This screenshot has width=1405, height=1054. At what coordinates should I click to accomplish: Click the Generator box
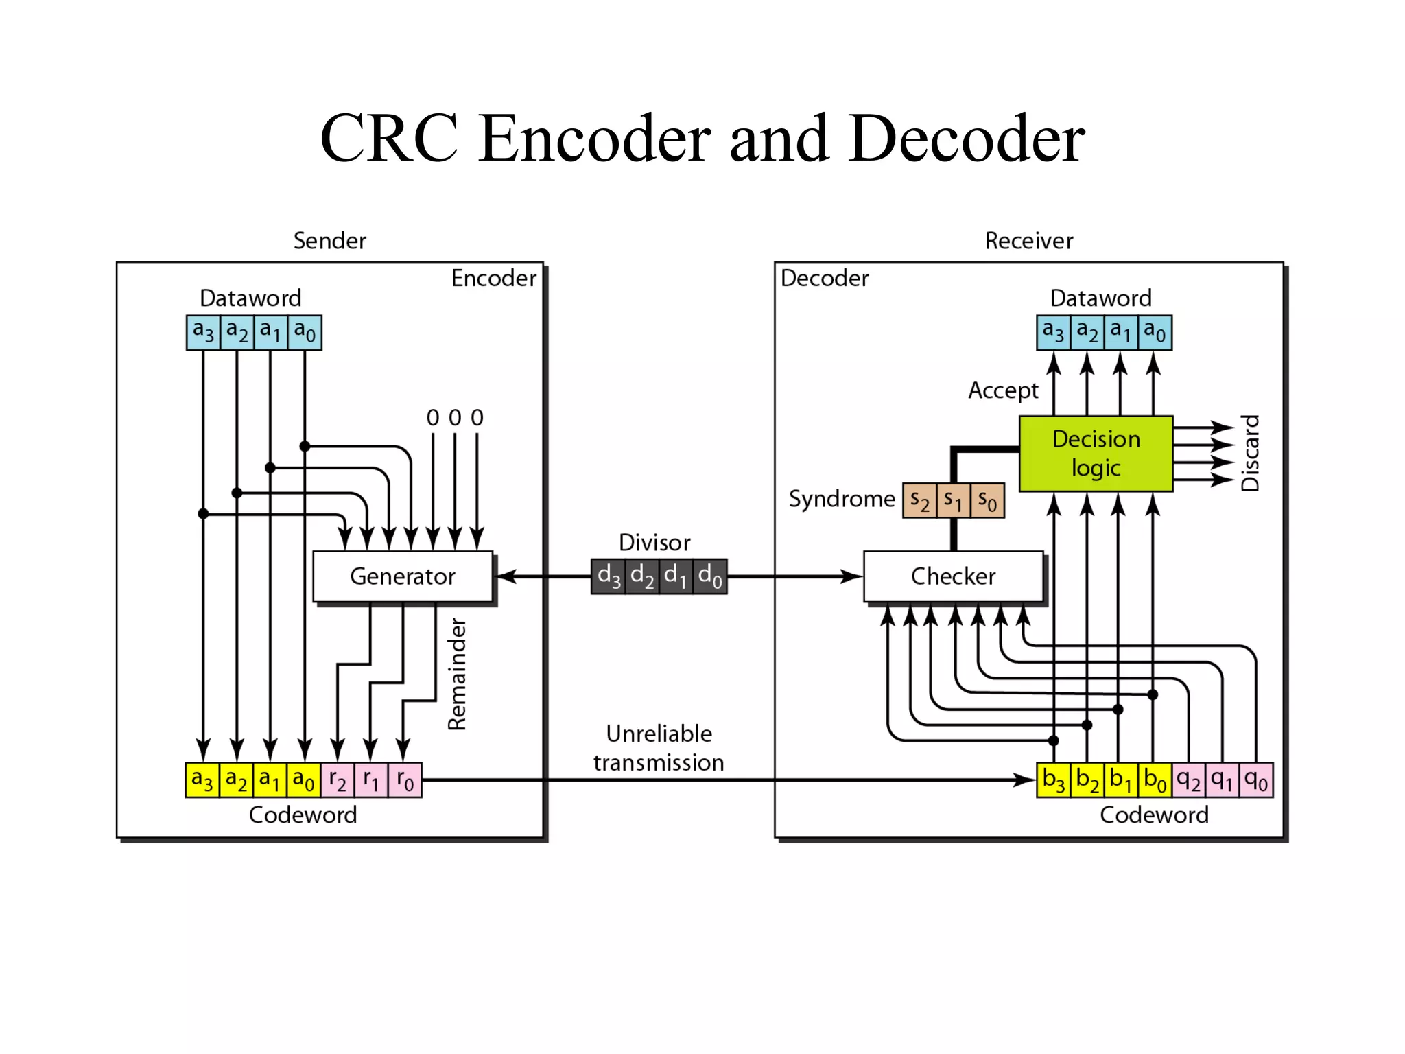403,576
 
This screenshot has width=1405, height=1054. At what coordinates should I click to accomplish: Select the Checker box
953,576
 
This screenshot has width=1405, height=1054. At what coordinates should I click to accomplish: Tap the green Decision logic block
1096,454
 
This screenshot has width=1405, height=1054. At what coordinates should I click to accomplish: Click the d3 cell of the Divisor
609,576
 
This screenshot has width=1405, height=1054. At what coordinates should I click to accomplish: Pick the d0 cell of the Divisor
710,576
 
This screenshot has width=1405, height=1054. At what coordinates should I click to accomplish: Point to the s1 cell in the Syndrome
953,500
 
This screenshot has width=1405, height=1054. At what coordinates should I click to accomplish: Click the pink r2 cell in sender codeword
338,780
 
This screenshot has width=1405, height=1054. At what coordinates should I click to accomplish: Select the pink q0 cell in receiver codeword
1256,780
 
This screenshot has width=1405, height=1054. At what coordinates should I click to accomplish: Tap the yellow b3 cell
1053,780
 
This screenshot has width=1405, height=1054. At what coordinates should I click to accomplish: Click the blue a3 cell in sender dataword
203,333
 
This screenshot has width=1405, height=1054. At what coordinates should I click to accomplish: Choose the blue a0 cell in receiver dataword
1155,333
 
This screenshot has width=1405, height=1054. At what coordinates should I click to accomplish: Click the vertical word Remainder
457,675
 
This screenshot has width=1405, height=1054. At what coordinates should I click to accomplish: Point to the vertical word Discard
1251,453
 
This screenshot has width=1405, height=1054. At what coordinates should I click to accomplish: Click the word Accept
1003,390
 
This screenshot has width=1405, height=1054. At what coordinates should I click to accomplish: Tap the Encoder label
493,279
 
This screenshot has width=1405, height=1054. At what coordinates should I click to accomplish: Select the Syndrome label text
842,499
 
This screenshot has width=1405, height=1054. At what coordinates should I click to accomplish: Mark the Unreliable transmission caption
659,748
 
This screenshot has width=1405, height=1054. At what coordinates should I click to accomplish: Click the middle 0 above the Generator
455,418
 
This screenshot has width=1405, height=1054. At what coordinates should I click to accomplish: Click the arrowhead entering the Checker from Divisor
853,576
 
